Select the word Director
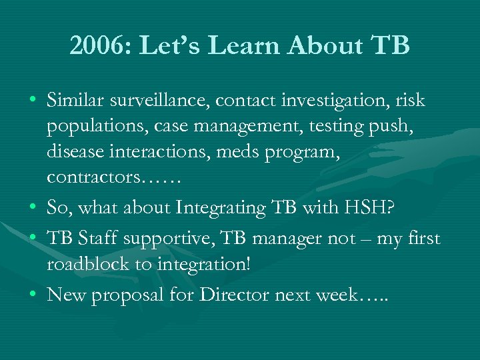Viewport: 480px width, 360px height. pos(239,294)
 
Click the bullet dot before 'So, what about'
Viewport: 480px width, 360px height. pos(34,208)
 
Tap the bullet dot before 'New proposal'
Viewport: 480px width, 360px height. pos(34,295)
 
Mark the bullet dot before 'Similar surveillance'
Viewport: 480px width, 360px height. pos(34,101)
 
